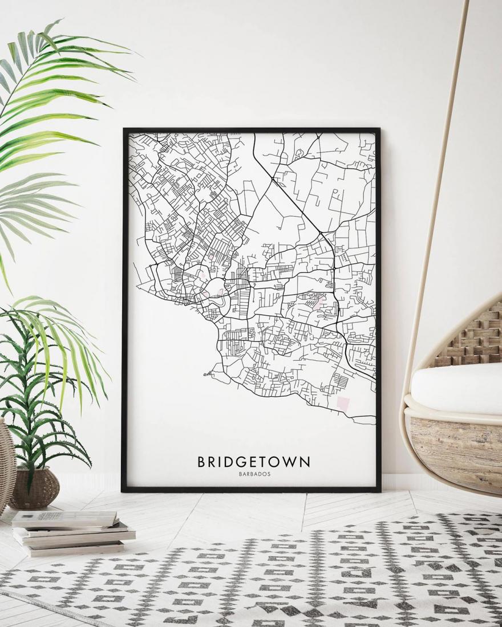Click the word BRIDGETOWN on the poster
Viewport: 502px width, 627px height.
(254, 461)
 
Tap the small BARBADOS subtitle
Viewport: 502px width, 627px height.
(254, 474)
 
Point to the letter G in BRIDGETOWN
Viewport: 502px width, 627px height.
(238, 461)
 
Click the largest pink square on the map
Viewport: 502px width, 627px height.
(344, 404)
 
